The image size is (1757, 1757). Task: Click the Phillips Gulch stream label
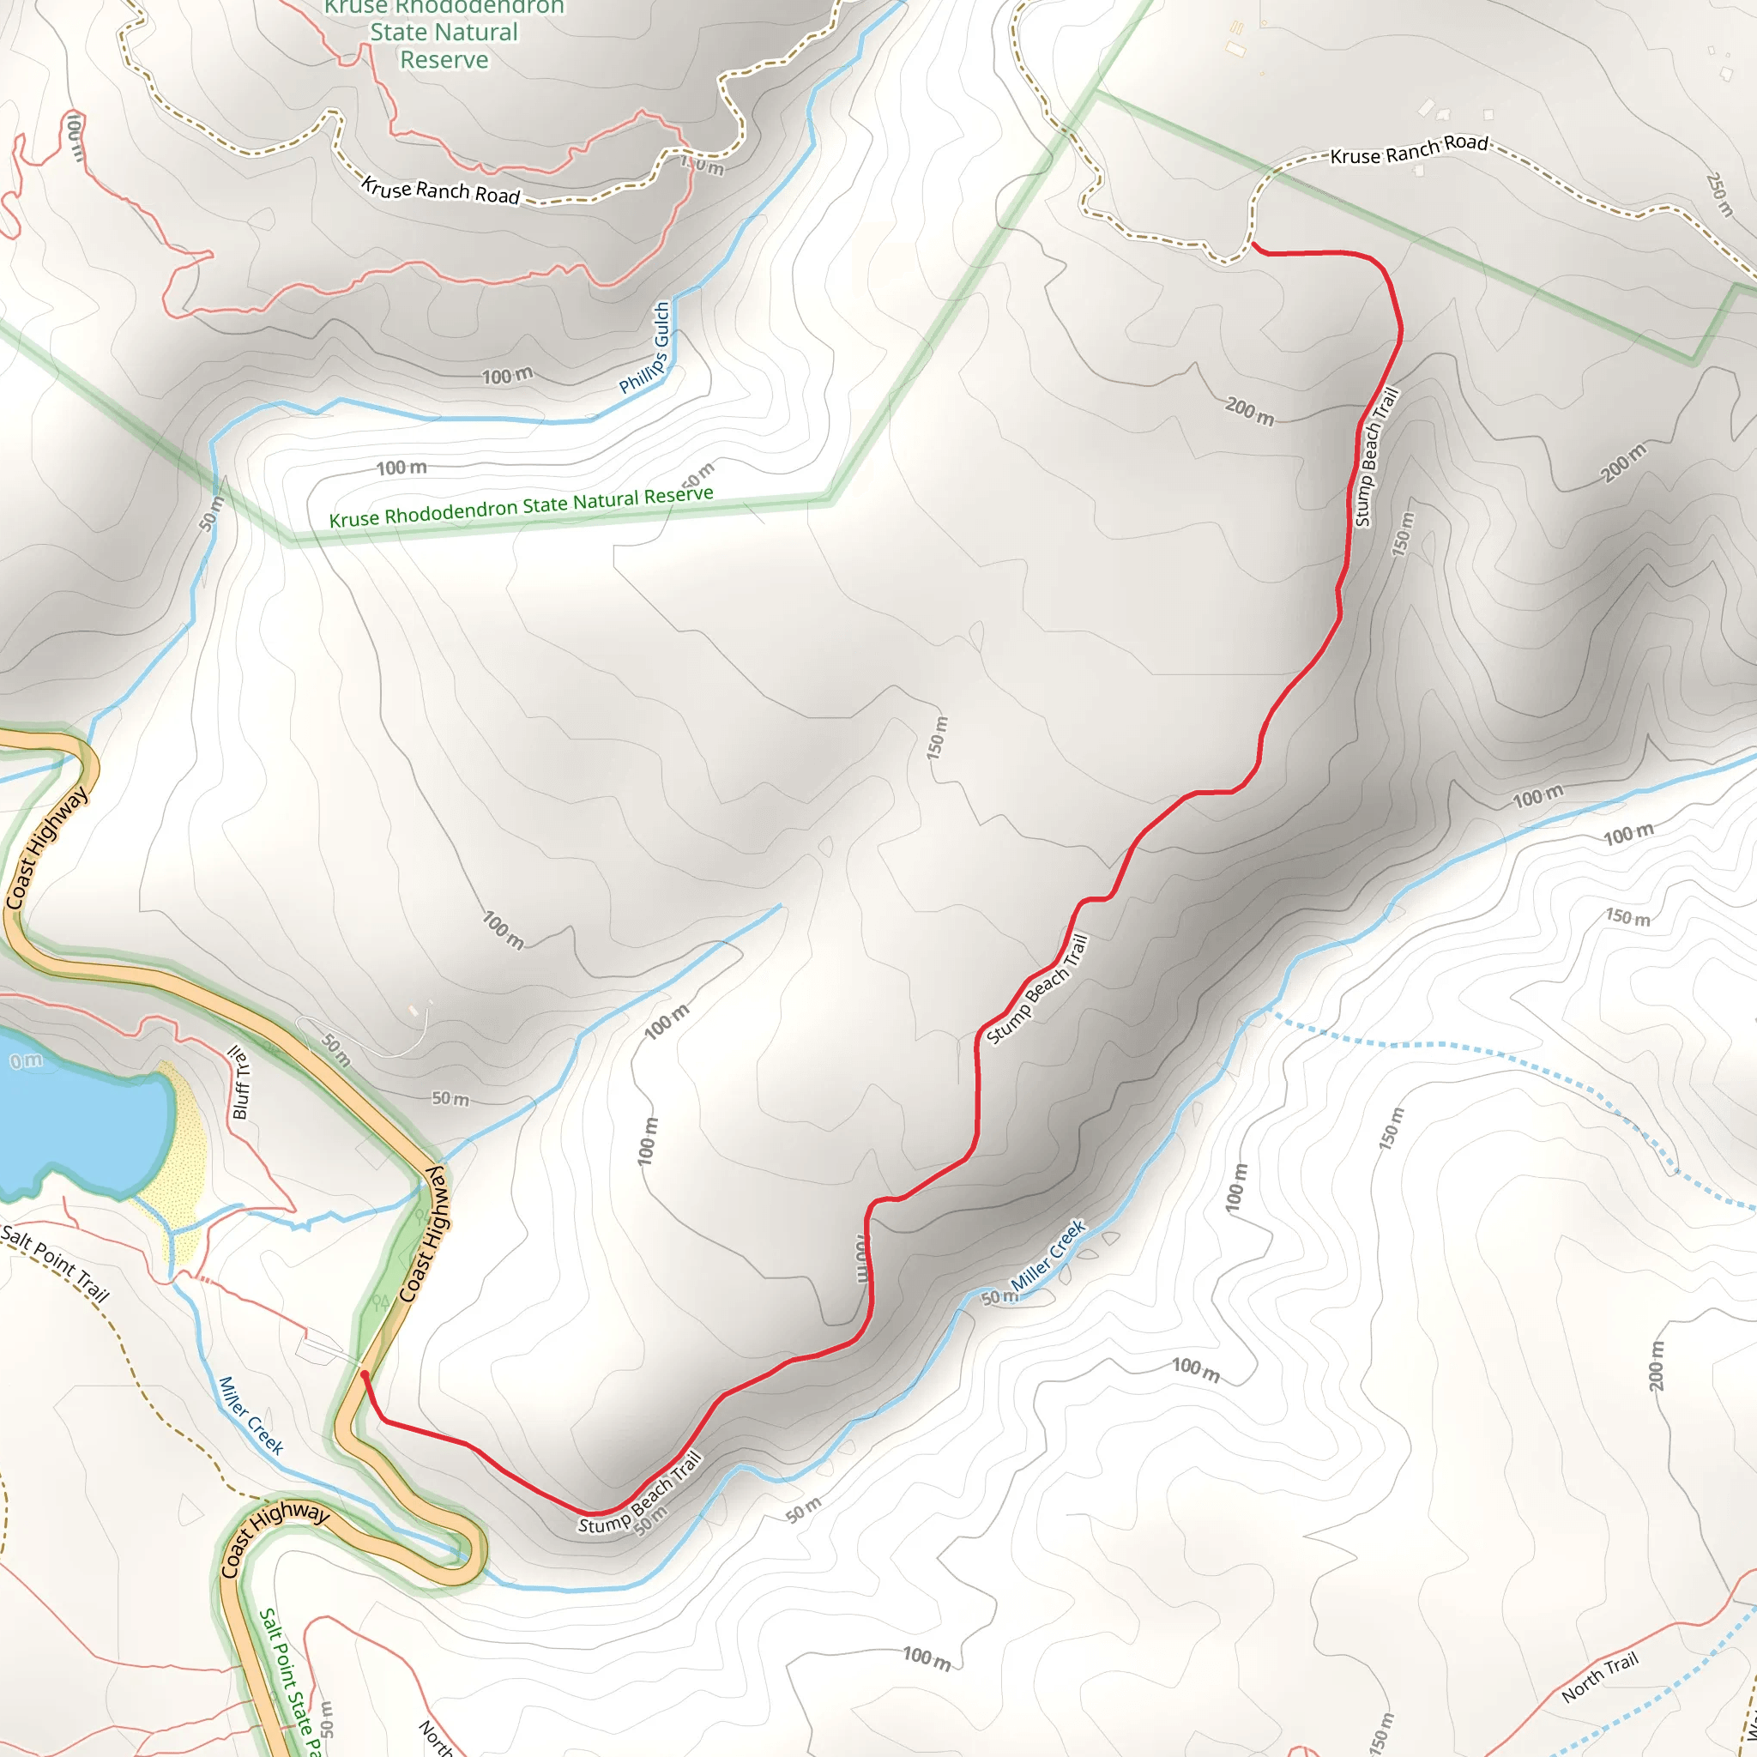[x=646, y=347]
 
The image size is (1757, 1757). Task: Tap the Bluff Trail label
[x=239, y=1082]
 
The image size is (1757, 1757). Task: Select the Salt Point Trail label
[x=55, y=1263]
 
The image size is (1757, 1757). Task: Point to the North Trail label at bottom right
[x=1600, y=1676]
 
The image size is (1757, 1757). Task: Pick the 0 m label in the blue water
[x=26, y=1060]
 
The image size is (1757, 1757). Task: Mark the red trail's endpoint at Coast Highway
[x=365, y=1374]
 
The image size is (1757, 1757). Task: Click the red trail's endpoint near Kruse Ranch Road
[x=1254, y=244]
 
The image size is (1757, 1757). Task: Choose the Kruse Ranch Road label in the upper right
[x=1409, y=150]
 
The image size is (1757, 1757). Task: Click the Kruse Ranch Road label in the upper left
[x=440, y=191]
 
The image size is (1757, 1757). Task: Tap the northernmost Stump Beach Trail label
[x=1376, y=456]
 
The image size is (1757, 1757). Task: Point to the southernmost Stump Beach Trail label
[x=640, y=1493]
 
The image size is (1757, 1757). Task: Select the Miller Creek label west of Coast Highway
[x=251, y=1415]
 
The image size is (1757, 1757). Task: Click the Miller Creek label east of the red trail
[x=1048, y=1255]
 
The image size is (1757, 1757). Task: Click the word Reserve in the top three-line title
[x=444, y=60]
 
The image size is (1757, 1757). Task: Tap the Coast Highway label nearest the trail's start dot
[x=424, y=1234]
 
